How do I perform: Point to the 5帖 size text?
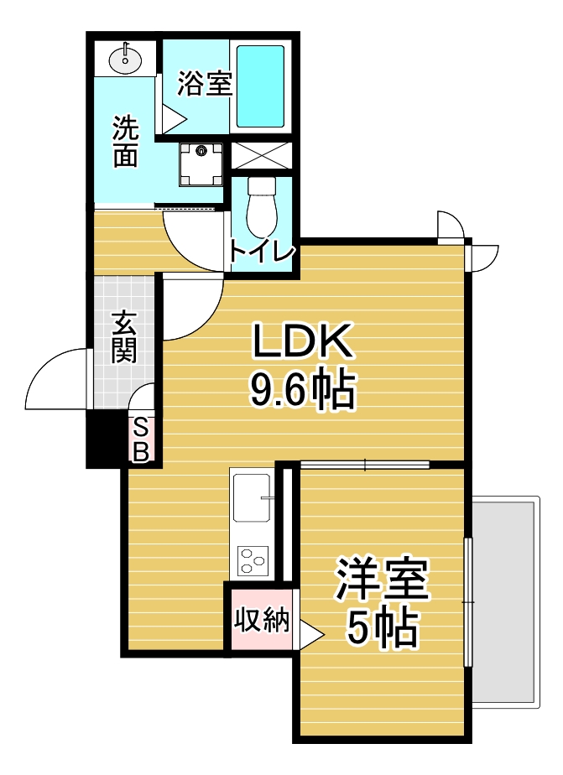click(x=382, y=627)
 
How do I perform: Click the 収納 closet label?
click(x=261, y=622)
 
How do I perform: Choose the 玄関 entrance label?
click(x=124, y=335)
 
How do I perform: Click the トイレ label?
click(x=262, y=252)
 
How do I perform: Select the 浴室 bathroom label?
click(x=204, y=83)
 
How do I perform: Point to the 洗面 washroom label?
click(x=125, y=143)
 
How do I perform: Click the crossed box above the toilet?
click(x=261, y=155)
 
